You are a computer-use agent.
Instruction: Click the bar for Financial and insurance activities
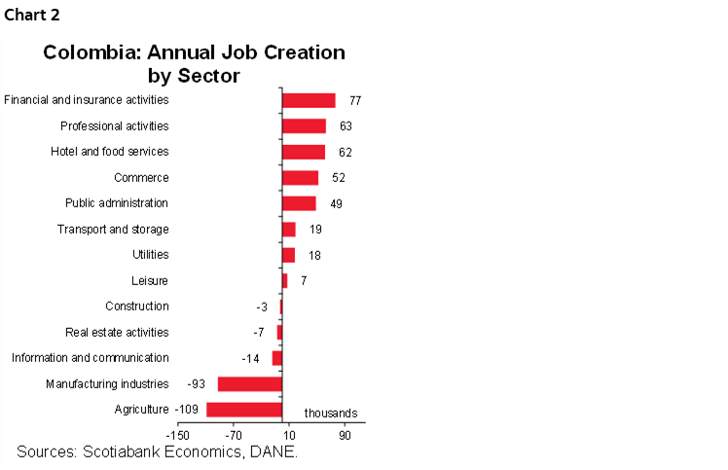[309, 100]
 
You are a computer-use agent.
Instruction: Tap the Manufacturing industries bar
[249, 384]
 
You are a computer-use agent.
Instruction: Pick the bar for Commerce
[300, 177]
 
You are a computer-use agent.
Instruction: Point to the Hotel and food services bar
[304, 152]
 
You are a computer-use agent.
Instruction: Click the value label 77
[355, 100]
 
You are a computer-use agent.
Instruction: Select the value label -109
[187, 410]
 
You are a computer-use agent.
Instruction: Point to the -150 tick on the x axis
[177, 437]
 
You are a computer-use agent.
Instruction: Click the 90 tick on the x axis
[345, 437]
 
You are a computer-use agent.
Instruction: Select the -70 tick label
[234, 437]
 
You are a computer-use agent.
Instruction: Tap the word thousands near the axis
[331, 413]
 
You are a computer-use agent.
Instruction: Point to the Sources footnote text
[157, 452]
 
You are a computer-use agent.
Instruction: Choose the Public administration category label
[117, 203]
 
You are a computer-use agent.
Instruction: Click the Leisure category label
[150, 280]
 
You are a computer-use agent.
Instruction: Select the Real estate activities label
[117, 332]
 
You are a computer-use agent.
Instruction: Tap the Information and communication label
[90, 358]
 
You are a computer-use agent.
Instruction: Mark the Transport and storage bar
[288, 229]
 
